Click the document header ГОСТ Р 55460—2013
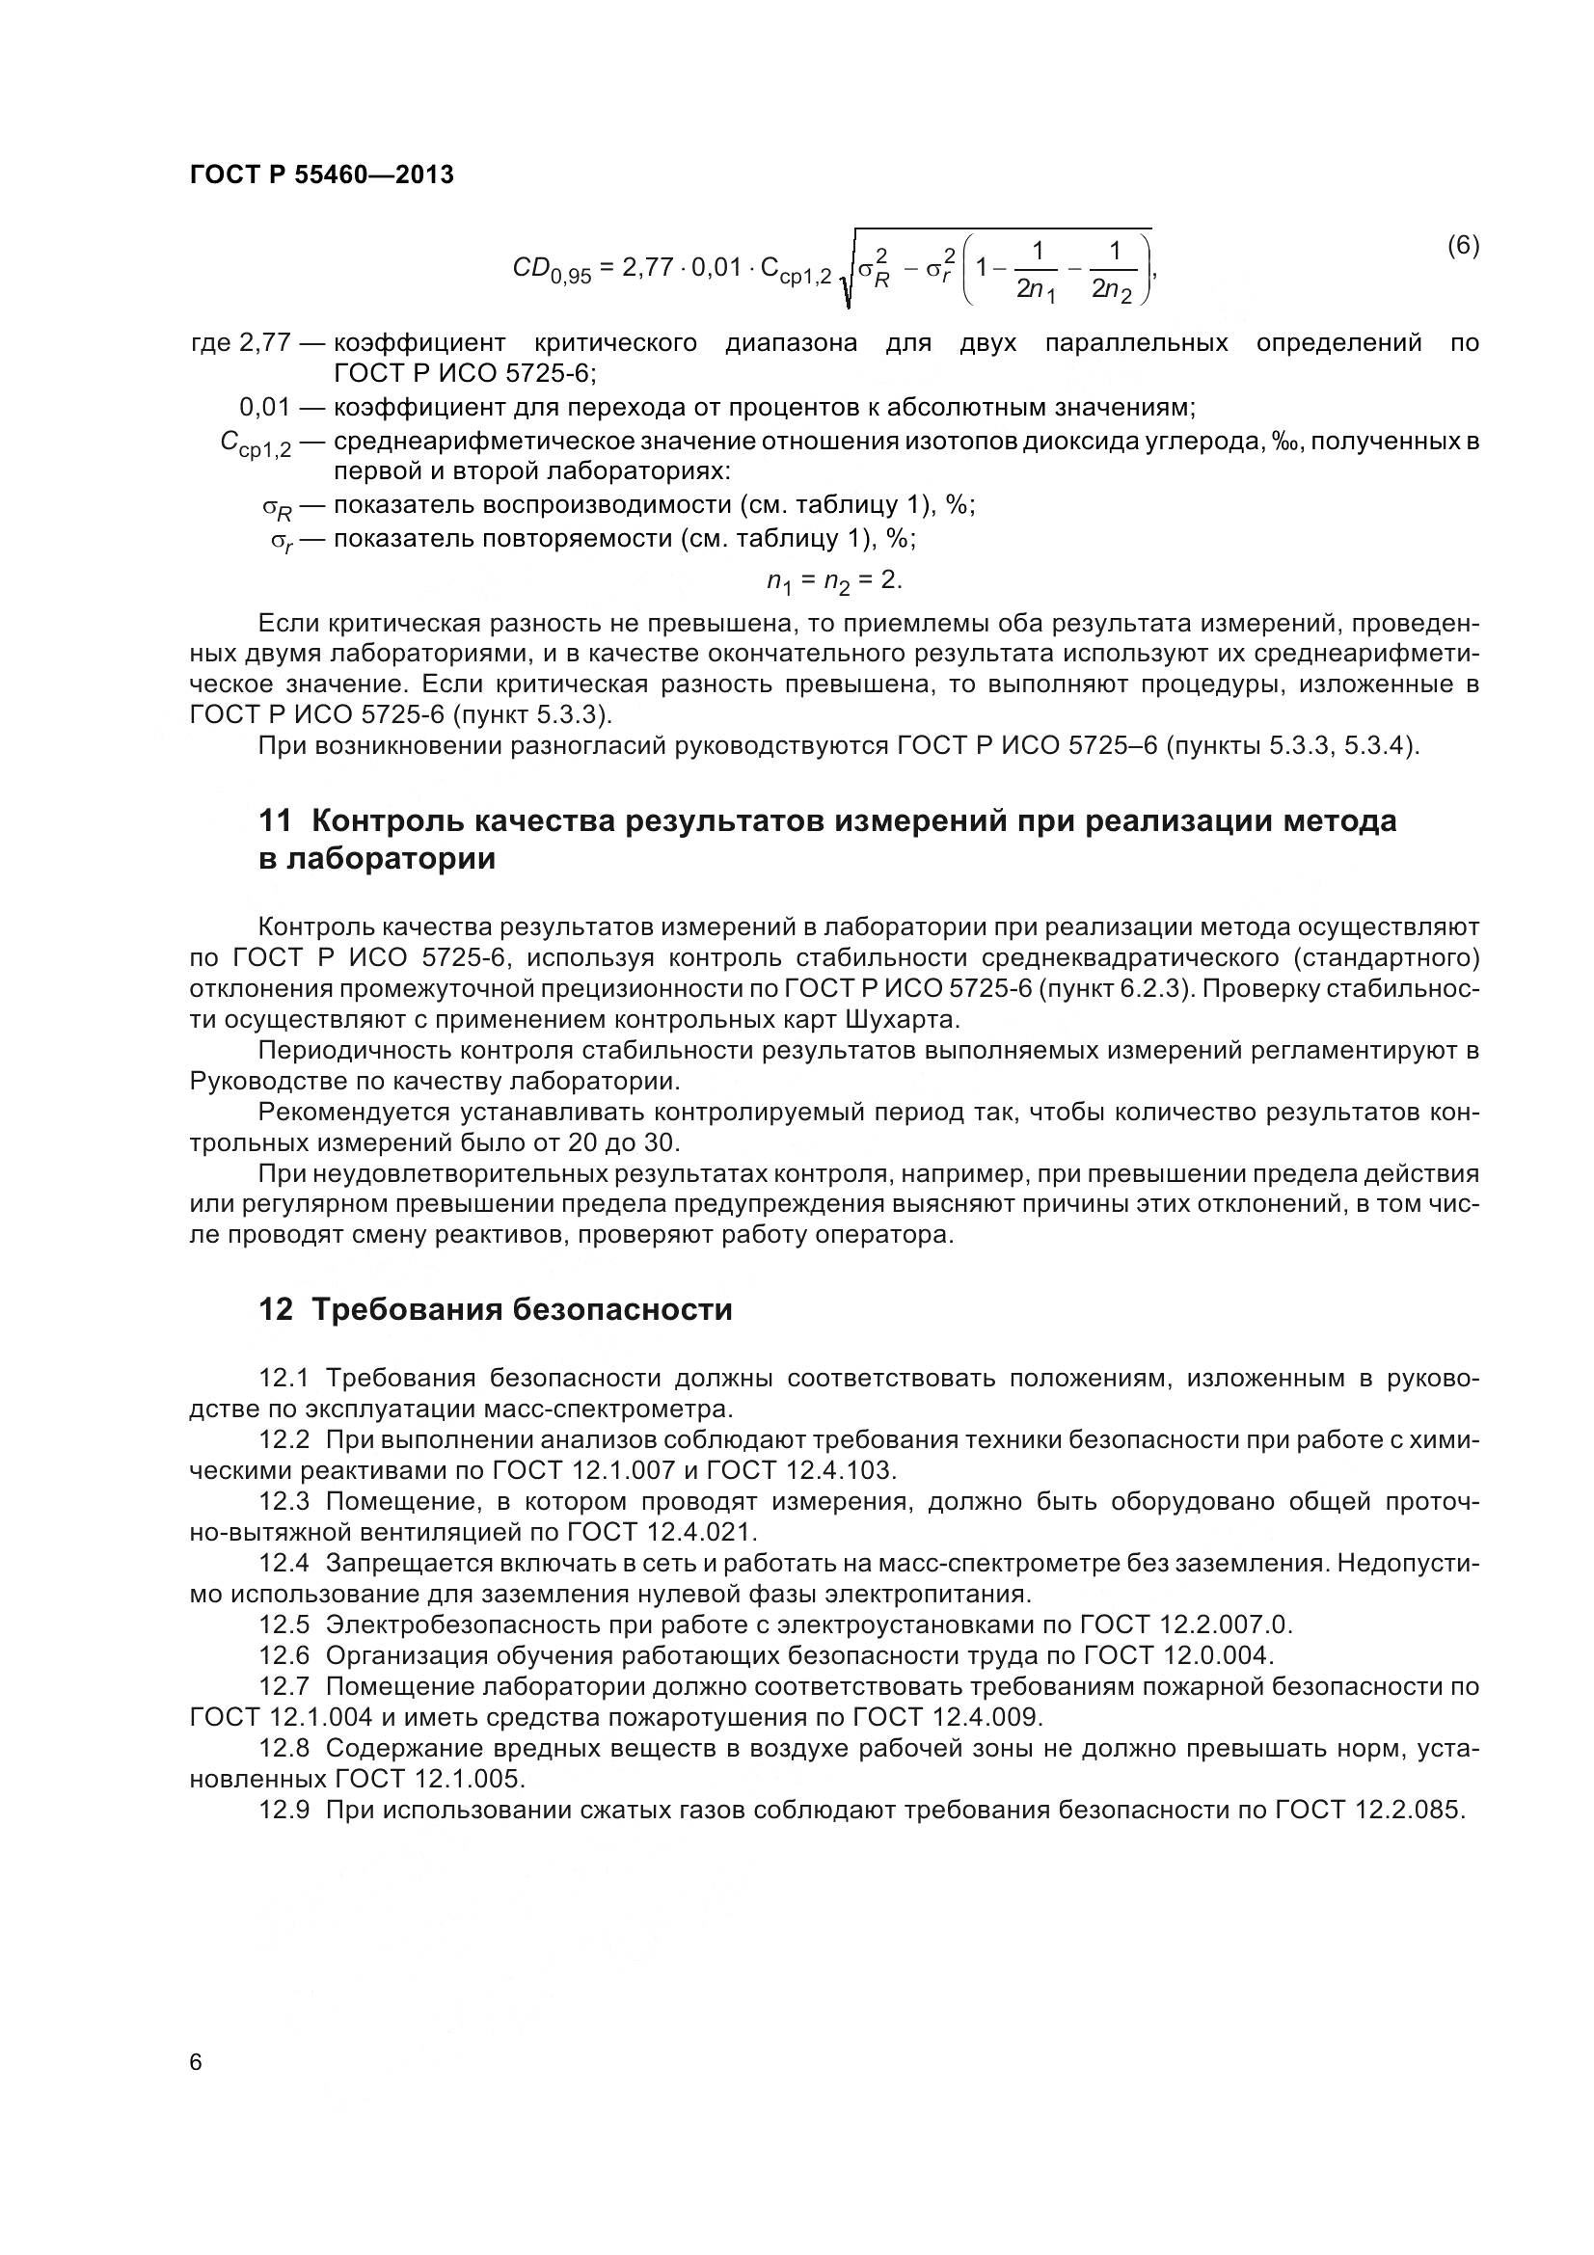click(x=321, y=175)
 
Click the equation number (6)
click(x=1463, y=246)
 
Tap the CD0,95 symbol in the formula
click(x=552, y=269)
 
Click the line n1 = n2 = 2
click(x=834, y=581)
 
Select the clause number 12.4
click(x=284, y=1563)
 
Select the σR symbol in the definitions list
click(x=277, y=509)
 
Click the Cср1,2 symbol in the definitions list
click(x=257, y=444)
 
